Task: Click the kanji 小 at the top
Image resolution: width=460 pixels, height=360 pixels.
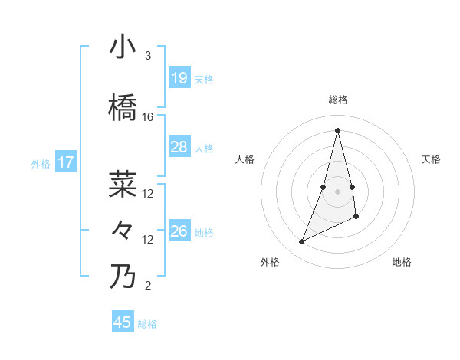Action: [x=123, y=47]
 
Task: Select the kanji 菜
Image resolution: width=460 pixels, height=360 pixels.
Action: [x=123, y=185]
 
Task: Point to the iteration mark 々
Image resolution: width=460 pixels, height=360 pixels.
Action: [x=123, y=230]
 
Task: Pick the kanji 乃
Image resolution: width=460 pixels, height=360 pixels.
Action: [x=123, y=277]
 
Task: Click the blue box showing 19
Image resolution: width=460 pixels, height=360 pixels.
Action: [x=179, y=78]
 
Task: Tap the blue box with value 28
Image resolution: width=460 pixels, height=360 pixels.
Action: [x=179, y=147]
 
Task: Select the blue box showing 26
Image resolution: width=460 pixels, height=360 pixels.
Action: [x=179, y=231]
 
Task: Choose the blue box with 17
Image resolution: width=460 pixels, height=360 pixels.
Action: [x=66, y=162]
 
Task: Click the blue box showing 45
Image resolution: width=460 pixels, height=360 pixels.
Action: [x=123, y=322]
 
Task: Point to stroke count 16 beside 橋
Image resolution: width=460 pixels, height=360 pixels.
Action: [x=148, y=117]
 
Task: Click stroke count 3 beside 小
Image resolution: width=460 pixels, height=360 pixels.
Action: [x=148, y=56]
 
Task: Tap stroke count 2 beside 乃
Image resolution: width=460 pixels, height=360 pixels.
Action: [x=148, y=286]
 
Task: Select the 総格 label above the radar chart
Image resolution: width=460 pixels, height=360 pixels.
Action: [x=338, y=100]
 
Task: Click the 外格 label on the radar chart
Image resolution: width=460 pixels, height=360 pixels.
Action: [x=270, y=262]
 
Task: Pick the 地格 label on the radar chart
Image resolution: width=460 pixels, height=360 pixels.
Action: [x=402, y=262]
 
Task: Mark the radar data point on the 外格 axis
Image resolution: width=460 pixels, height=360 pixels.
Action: [x=301, y=242]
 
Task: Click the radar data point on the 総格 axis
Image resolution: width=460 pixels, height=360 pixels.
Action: [x=338, y=129]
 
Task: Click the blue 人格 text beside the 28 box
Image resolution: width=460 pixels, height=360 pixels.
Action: [x=204, y=148]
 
